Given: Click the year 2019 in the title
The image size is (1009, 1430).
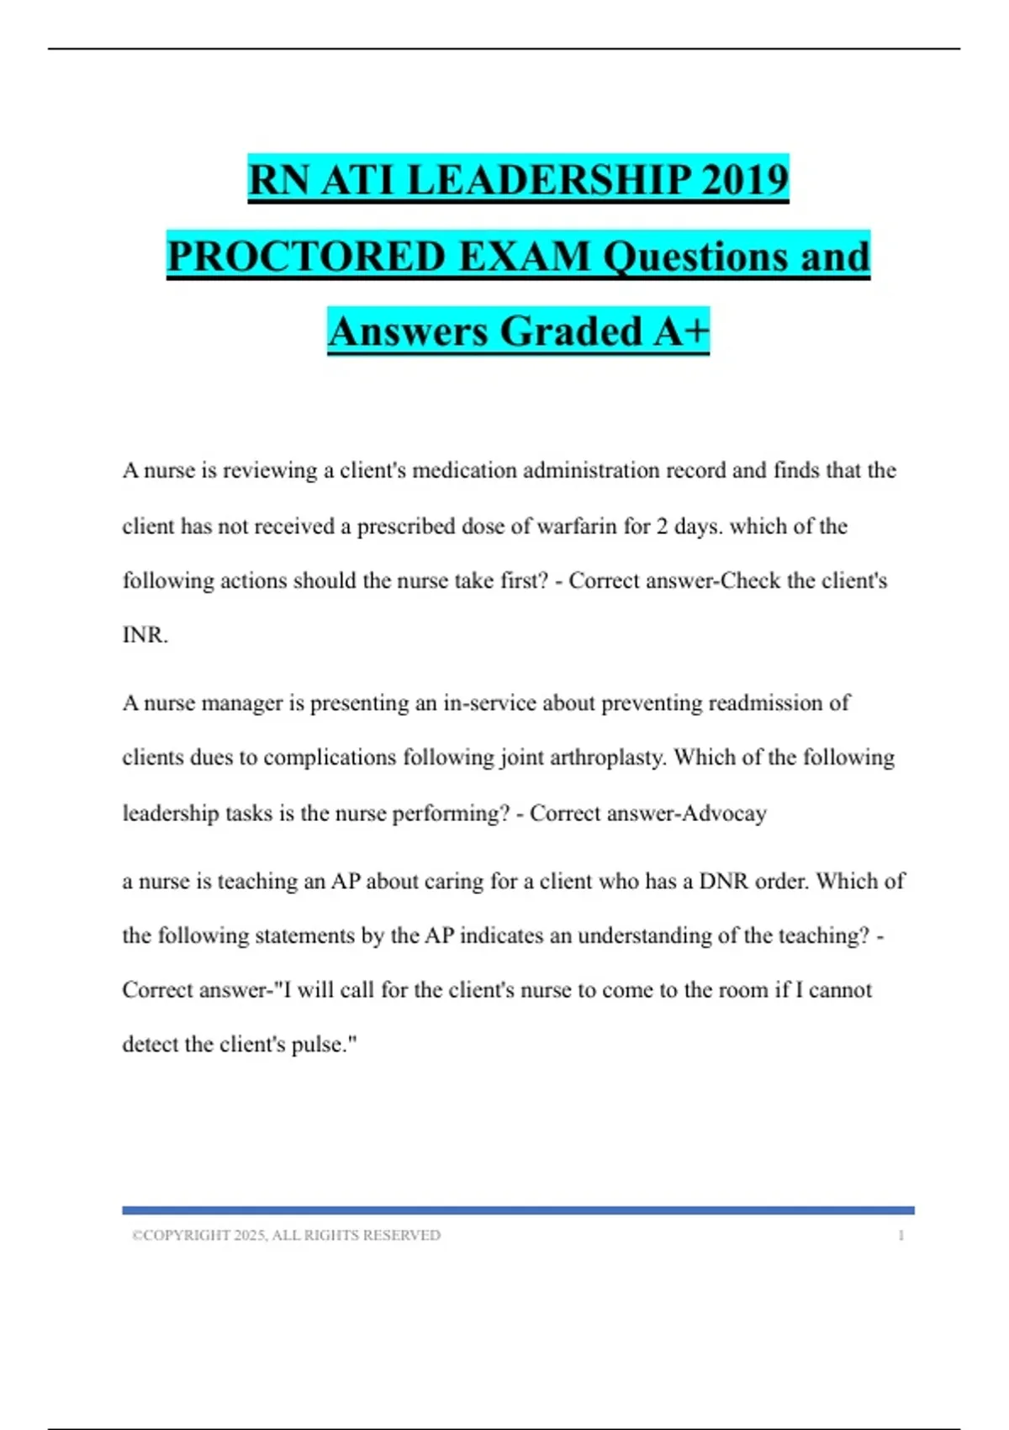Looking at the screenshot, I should click(x=743, y=179).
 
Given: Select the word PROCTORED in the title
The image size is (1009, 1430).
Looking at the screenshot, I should click(x=306, y=256).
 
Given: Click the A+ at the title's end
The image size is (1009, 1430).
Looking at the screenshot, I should click(x=681, y=331).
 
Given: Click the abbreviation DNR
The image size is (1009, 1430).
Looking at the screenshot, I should click(x=723, y=882).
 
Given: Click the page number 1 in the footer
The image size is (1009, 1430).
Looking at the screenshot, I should click(x=901, y=1236).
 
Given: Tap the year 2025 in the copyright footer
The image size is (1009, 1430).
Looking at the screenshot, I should click(x=250, y=1236).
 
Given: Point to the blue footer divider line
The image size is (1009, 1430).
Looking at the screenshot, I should click(x=518, y=1210).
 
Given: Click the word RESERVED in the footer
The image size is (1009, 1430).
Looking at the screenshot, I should click(x=406, y=1236).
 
